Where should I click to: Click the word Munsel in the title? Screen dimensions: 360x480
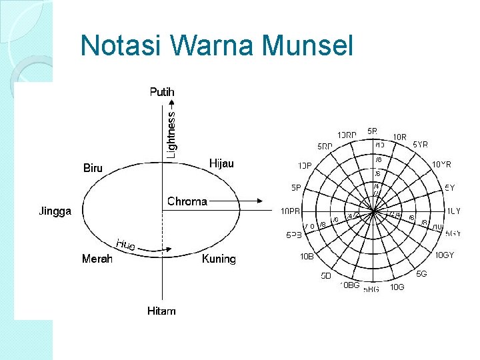click(x=307, y=45)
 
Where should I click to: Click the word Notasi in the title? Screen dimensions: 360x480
click(x=122, y=45)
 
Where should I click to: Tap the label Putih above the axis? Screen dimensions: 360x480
click(x=162, y=92)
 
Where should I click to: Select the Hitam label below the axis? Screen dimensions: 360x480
click(x=161, y=311)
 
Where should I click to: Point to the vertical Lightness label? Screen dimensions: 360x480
click(x=171, y=134)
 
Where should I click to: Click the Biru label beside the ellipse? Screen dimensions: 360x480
click(x=93, y=168)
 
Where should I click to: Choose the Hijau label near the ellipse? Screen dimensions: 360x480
click(x=221, y=163)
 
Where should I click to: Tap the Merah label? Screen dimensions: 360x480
click(x=97, y=259)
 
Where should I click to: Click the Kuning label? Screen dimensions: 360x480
click(x=219, y=259)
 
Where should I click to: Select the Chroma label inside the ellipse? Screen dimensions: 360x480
click(x=187, y=201)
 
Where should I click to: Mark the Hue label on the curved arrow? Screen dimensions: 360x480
click(x=125, y=244)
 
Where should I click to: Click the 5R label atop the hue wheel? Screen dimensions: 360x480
click(x=372, y=131)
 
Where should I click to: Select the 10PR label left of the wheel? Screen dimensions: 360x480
click(x=290, y=212)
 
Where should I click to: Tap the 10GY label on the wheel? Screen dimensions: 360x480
click(x=445, y=255)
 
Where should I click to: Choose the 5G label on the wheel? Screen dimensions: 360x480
click(x=422, y=274)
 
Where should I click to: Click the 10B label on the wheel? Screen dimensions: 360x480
click(x=306, y=256)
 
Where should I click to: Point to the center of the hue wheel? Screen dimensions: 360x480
click(x=374, y=213)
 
